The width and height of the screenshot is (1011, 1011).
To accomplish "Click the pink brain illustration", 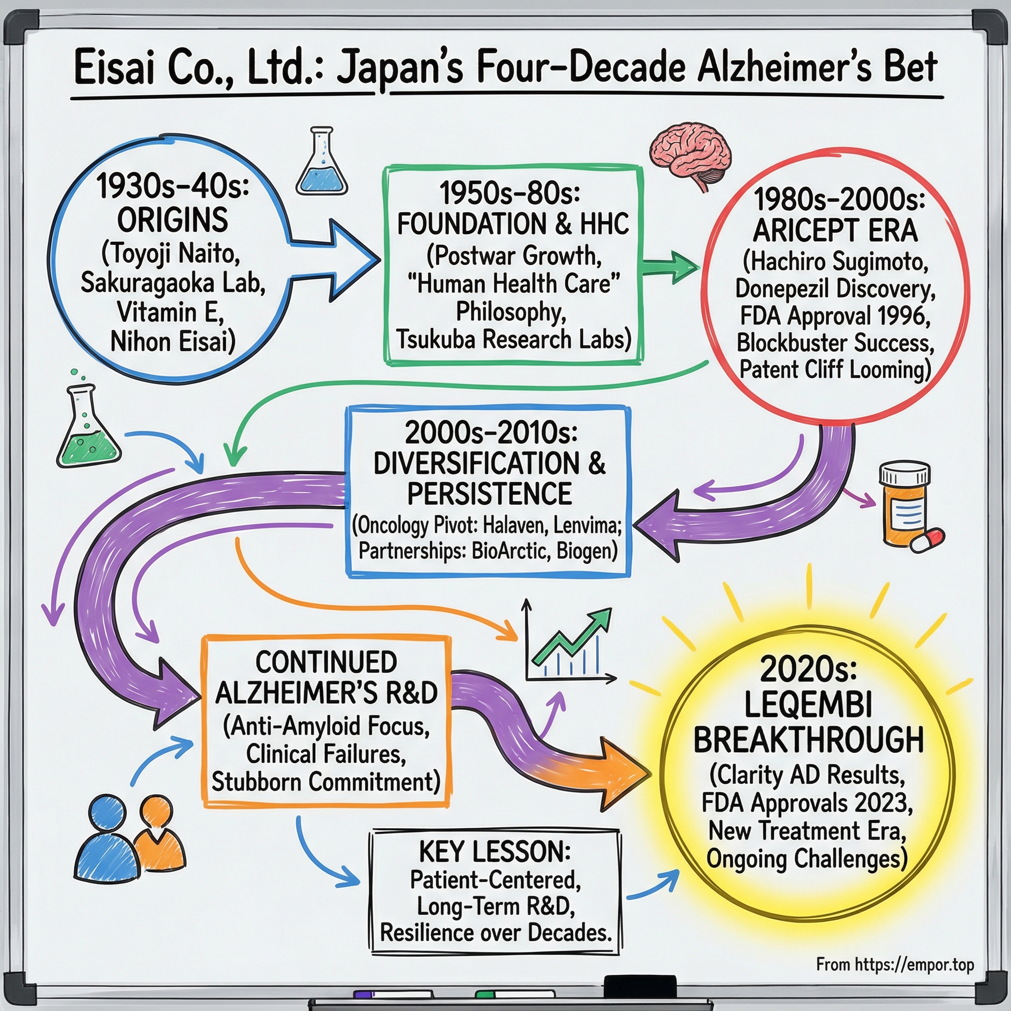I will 690,155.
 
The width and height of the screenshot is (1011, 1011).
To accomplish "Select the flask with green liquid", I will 87,429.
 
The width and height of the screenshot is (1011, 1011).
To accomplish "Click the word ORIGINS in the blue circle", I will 173,220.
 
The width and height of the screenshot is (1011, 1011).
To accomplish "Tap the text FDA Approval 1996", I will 835,315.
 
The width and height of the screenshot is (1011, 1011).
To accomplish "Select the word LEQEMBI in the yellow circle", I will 808,704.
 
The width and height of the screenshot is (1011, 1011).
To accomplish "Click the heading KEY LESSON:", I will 495,852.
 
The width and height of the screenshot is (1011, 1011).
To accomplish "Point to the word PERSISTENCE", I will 490,494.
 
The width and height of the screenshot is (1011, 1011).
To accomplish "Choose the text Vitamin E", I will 171,312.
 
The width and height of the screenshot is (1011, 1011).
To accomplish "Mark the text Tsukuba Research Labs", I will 513,339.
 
